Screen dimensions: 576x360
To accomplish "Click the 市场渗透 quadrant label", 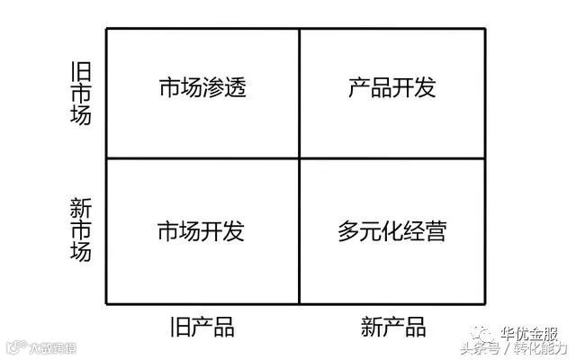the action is [x=202, y=88].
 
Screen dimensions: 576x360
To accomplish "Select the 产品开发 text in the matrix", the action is [x=392, y=88].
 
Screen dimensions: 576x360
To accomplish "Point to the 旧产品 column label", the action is [x=202, y=325].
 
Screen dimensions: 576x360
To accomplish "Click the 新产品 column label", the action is [x=393, y=325].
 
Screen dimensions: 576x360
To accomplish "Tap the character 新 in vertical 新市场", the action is [x=81, y=208].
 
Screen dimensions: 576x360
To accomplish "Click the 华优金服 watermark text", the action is [x=528, y=332].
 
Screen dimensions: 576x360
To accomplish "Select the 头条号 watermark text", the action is [x=481, y=348].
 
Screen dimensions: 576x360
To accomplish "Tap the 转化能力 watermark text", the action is [x=540, y=348].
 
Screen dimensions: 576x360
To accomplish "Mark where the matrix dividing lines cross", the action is [x=299, y=158].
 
